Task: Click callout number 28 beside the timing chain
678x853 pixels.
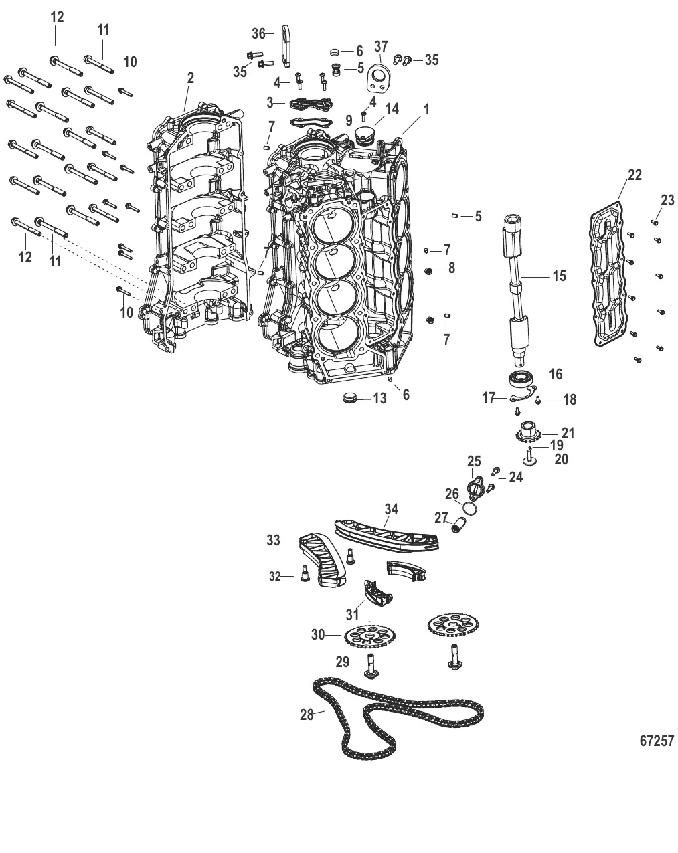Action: [x=307, y=715]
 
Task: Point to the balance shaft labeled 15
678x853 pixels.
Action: [x=517, y=281]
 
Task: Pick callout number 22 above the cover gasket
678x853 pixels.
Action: [x=634, y=175]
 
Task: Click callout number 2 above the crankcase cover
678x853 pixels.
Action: [x=190, y=78]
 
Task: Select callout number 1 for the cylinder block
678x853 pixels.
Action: [x=426, y=108]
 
